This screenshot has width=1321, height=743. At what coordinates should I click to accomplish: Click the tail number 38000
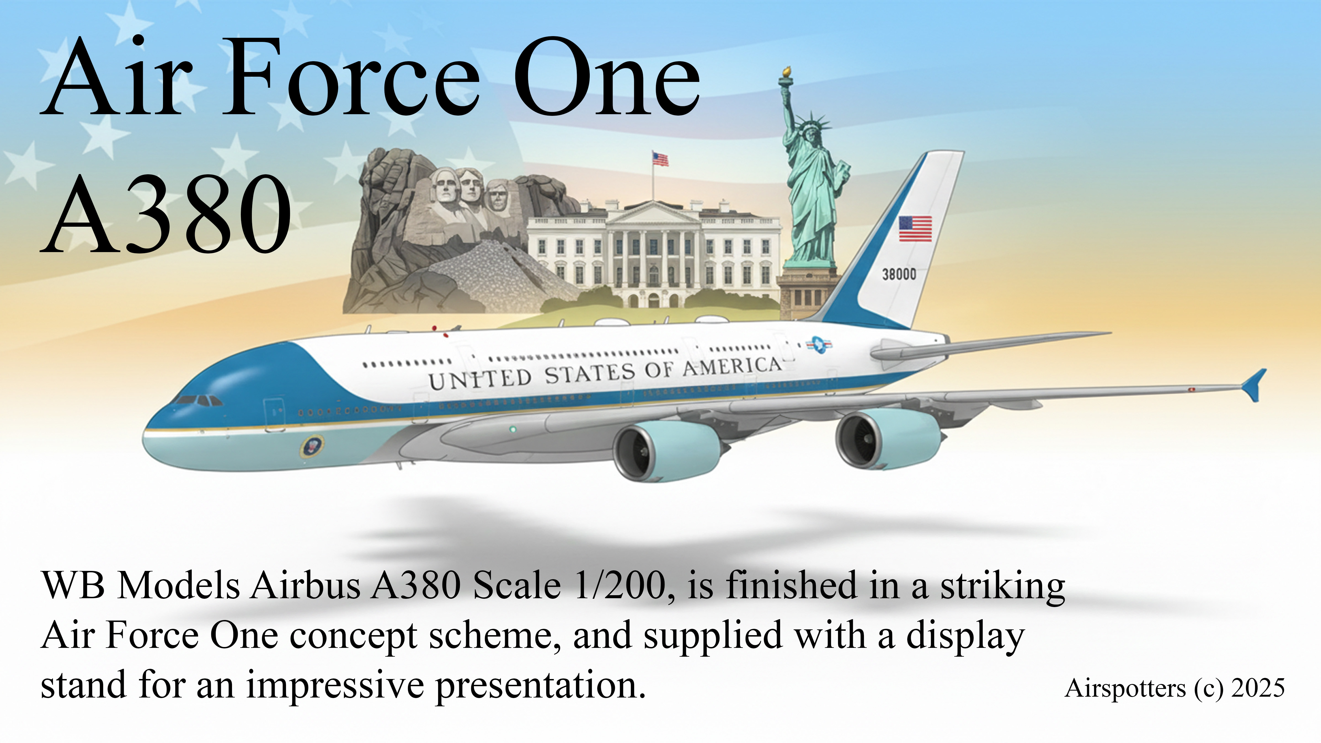pyautogui.click(x=899, y=274)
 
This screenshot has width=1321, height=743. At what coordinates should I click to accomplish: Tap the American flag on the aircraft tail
pyautogui.click(x=915, y=229)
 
